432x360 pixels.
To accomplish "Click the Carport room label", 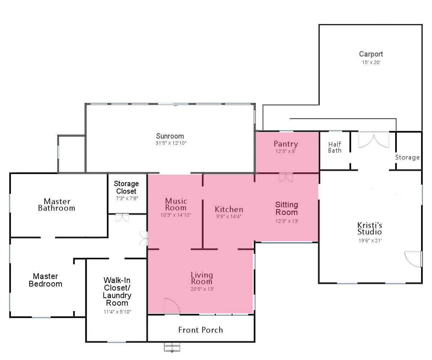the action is (371, 54).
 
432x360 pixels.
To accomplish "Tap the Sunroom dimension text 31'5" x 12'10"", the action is (171, 143).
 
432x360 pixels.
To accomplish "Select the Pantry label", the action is (286, 144).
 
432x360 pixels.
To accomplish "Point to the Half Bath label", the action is (334, 147).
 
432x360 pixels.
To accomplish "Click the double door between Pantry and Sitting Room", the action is (286, 177).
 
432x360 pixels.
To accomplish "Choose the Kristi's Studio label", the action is (370, 228).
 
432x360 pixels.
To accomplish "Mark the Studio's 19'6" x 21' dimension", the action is (370, 240).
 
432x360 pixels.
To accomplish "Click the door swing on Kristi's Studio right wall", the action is (413, 259).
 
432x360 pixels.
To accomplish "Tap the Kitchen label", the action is (229, 209).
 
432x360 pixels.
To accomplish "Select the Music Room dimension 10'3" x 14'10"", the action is (176, 215).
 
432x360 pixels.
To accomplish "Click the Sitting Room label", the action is (287, 208).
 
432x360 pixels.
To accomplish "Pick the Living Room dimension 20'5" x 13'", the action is (202, 289).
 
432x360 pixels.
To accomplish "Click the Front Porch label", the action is (201, 330).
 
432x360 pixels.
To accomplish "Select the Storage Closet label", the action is (126, 187).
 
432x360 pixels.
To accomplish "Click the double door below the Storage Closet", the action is (122, 218).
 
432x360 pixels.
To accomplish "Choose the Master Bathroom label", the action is (57, 204).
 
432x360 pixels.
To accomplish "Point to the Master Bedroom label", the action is (45, 280).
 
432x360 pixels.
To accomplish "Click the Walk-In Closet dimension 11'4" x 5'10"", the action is (117, 312).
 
